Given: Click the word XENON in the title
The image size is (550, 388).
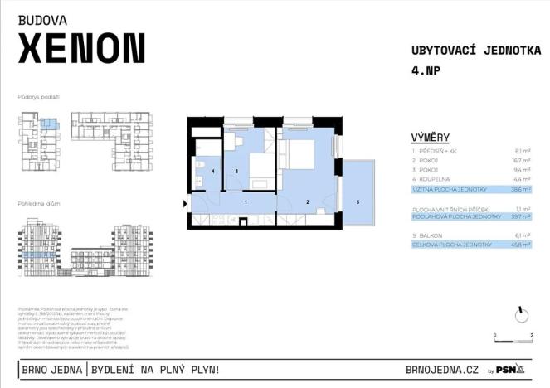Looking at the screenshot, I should pyautogui.click(x=81, y=50).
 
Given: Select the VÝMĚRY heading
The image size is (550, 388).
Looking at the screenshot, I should pyautogui.click(x=431, y=137).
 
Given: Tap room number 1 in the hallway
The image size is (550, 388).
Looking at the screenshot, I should pyautogui.click(x=245, y=201).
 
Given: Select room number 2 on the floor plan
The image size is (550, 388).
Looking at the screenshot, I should pyautogui.click(x=307, y=201).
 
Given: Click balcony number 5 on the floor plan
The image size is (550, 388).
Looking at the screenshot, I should pyautogui.click(x=358, y=201).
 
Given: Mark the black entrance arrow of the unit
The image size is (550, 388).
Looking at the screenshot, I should pyautogui.click(x=186, y=201).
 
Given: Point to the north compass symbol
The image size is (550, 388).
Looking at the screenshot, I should pyautogui.click(x=521, y=314).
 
